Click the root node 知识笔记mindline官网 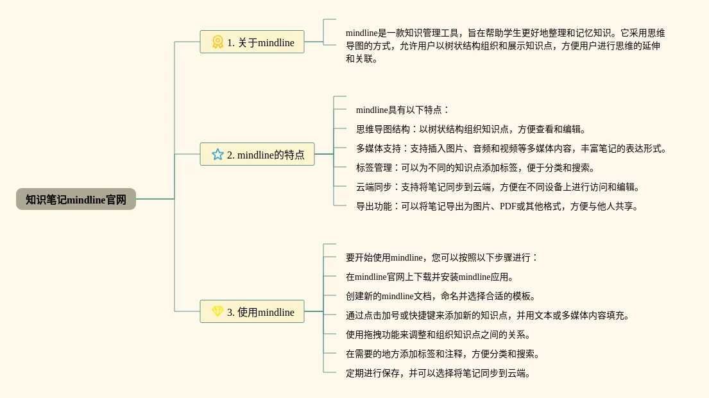[x=76, y=199]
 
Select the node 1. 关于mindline [x=252, y=42]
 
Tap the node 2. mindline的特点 [x=257, y=155]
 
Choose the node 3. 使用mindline [x=252, y=312]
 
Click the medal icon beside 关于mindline [x=218, y=42]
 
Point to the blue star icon [x=218, y=155]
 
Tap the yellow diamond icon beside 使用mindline [x=218, y=311]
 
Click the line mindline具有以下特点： [x=403, y=110]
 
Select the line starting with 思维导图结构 [x=471, y=129]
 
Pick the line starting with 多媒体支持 [x=511, y=148]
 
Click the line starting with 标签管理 [x=475, y=168]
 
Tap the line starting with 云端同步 [x=498, y=187]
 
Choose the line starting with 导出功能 [x=497, y=206]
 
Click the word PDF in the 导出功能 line [x=508, y=206]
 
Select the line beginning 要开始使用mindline [x=441, y=257]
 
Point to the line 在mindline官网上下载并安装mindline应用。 [x=430, y=277]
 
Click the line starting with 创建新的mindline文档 [x=440, y=296]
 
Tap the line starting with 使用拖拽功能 [x=438, y=334]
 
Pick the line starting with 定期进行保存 [x=438, y=373]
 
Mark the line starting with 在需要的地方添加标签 [x=443, y=354]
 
